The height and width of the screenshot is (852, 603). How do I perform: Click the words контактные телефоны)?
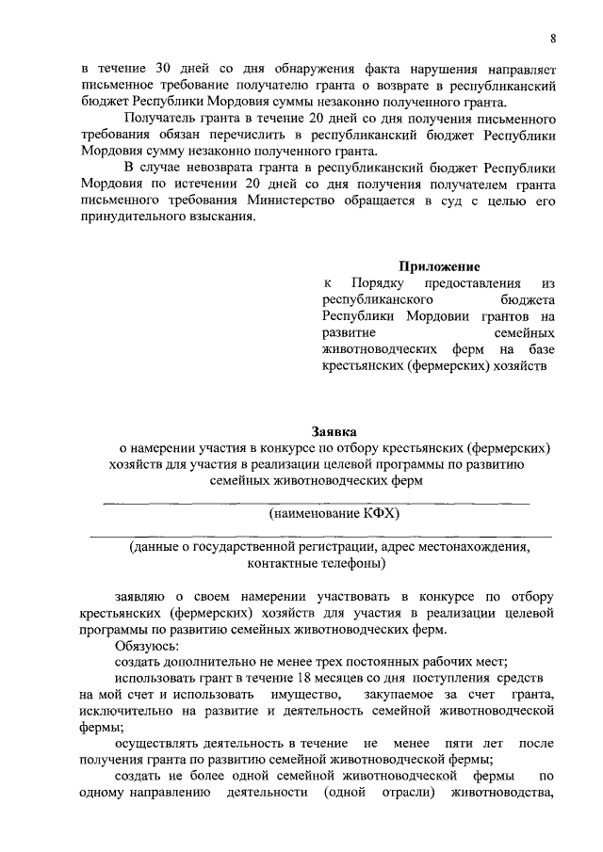tap(316, 564)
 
